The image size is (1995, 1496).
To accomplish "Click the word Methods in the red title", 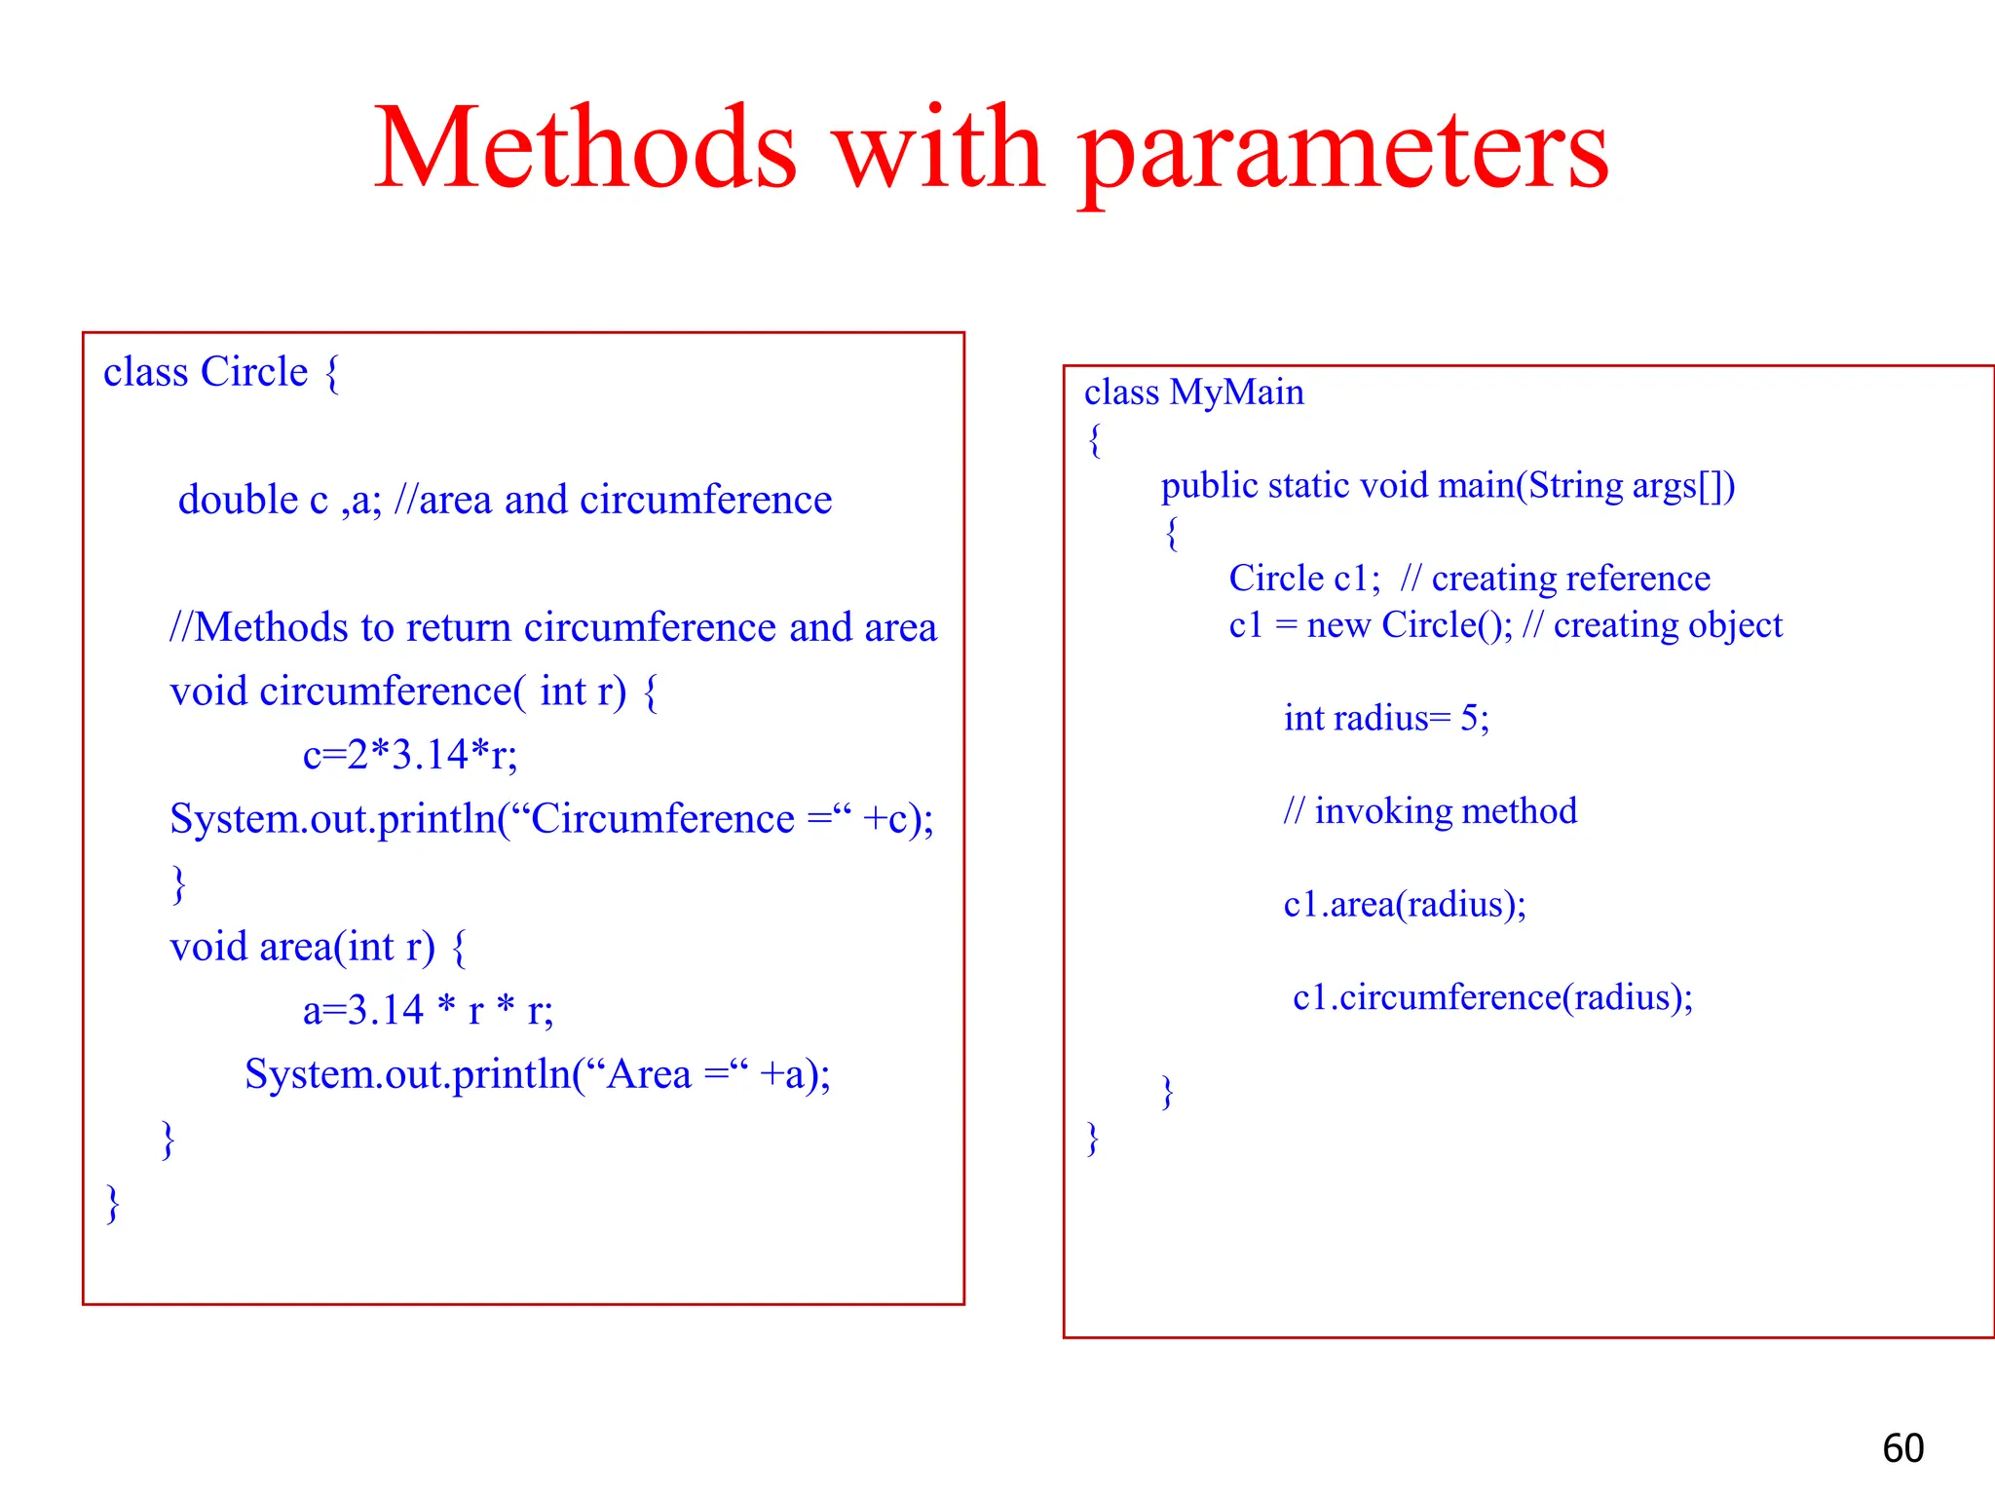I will [x=585, y=148].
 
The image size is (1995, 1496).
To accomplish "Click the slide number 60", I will [x=1902, y=1448].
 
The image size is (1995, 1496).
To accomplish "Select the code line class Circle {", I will [x=221, y=372].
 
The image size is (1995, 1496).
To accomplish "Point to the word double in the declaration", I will [x=238, y=500].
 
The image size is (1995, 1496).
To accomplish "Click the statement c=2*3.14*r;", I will [x=410, y=755].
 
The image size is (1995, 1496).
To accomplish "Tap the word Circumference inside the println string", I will [x=661, y=819].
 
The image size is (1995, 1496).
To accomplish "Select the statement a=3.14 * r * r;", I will [x=428, y=1010].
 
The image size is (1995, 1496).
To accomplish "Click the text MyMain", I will [x=1236, y=393].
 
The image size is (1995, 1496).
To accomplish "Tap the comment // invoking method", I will [x=1429, y=811].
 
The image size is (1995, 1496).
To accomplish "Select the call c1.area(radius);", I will [x=1404, y=905].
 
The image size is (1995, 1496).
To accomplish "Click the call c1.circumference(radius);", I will [x=1492, y=997].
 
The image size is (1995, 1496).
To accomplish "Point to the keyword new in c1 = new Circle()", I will [x=1338, y=625].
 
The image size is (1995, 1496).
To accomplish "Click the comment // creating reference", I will [x=1555, y=579].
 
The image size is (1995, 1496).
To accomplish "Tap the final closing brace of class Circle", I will [x=113, y=1203].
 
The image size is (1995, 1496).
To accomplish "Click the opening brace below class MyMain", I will [x=1095, y=440].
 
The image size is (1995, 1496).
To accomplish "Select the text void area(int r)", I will [x=302, y=947].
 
